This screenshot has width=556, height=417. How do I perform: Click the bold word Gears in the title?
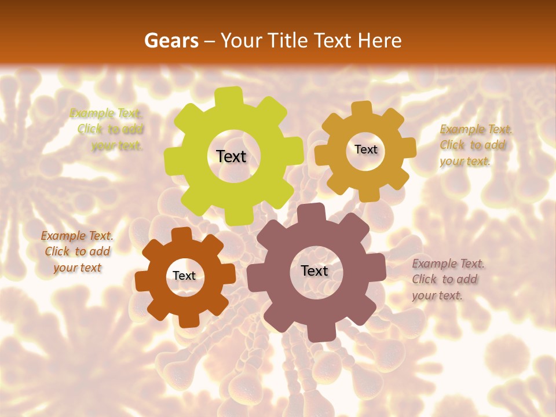[x=171, y=41]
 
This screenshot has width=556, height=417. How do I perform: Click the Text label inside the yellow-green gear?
[x=231, y=156]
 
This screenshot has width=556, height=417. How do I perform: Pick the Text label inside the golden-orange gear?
[x=365, y=149]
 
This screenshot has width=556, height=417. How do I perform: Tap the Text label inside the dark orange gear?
[x=184, y=276]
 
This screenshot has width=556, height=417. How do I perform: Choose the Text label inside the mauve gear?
[x=314, y=270]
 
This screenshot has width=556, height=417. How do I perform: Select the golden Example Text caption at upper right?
[x=475, y=145]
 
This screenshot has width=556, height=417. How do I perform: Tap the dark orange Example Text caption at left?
[x=77, y=251]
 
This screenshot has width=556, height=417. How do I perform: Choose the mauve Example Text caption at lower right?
[x=447, y=279]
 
